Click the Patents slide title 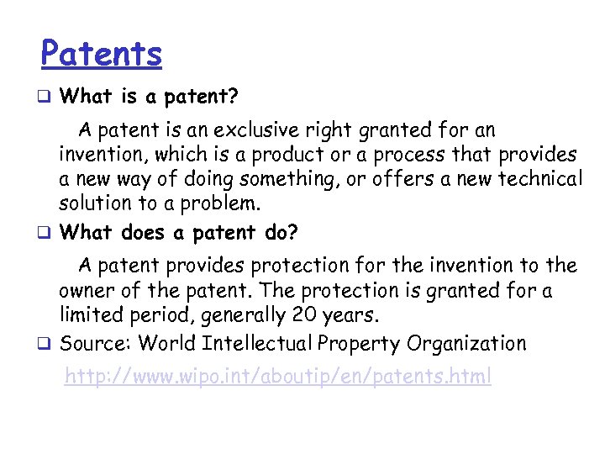(x=101, y=55)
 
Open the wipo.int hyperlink (x=278, y=377)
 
